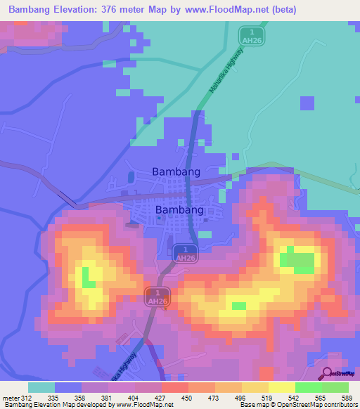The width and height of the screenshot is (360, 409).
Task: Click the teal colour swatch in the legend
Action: (x=41, y=387)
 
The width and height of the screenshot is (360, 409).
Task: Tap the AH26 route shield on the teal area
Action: (x=250, y=34)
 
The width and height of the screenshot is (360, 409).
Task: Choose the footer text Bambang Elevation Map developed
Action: (x=53, y=405)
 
